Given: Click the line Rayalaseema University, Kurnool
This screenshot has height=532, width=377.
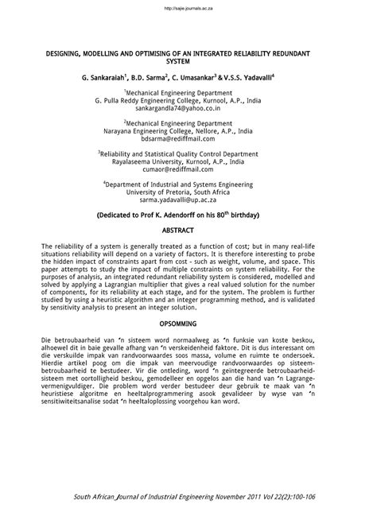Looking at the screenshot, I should pos(188,160).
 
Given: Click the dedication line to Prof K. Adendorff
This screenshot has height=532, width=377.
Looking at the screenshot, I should pos(188,214).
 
